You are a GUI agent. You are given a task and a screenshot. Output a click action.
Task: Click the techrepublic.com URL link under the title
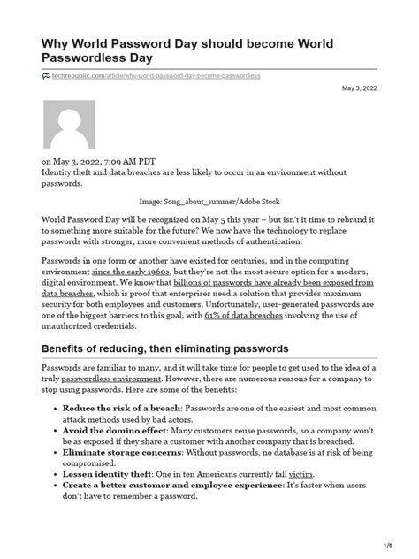point(156,77)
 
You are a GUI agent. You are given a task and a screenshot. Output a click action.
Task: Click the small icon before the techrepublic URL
point(47,77)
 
